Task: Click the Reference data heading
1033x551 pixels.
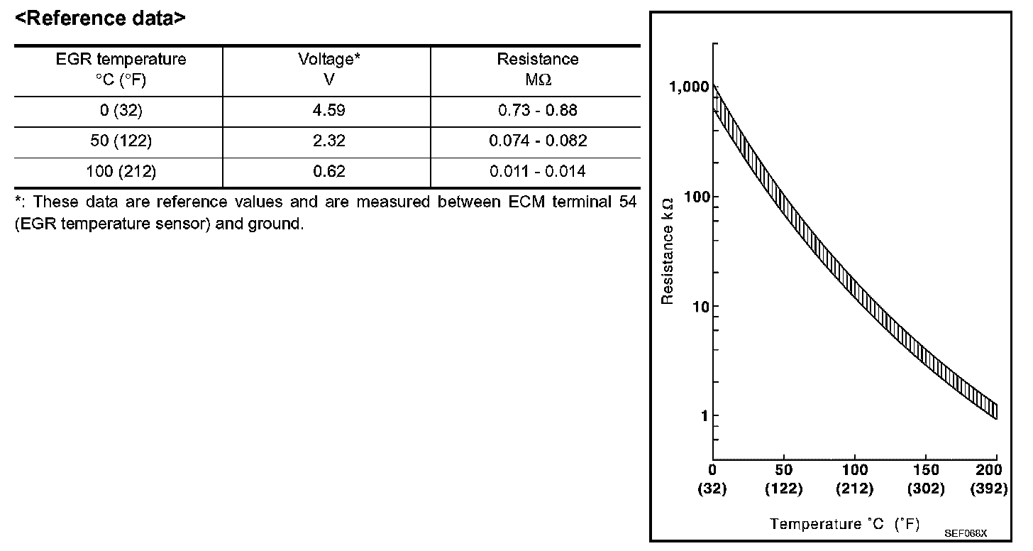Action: click(x=100, y=18)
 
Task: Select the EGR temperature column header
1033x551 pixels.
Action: click(x=121, y=69)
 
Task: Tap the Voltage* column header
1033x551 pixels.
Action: click(x=328, y=69)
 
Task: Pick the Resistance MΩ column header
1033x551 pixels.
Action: click(x=537, y=69)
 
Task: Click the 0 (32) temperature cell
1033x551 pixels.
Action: click(x=121, y=111)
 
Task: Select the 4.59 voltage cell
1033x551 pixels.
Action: click(x=328, y=111)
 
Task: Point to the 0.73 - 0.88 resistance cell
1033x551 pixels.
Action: click(x=537, y=111)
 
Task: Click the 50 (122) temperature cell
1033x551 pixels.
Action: click(x=121, y=141)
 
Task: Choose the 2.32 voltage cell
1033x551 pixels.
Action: click(x=328, y=141)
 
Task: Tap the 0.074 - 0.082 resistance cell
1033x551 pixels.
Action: click(x=537, y=141)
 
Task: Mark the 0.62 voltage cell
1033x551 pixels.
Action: click(x=328, y=171)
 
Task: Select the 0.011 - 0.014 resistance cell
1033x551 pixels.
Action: click(x=537, y=171)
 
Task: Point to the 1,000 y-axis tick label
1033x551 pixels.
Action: click(x=688, y=87)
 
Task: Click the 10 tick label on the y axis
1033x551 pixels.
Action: click(x=700, y=307)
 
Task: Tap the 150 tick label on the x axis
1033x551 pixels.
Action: click(x=926, y=470)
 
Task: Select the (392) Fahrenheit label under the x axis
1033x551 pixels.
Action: click(x=988, y=489)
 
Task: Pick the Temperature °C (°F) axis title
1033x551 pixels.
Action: click(x=844, y=525)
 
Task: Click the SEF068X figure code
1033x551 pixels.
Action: click(x=966, y=532)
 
